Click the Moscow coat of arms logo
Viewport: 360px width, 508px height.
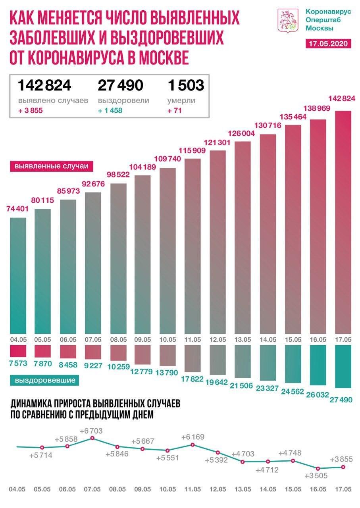tap(287, 21)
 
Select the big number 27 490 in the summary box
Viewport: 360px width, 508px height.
tap(120, 85)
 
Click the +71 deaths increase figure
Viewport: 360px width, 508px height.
tap(175, 110)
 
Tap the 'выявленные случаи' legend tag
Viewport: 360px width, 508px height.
tap(51, 166)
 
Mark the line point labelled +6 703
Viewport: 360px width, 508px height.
tap(92, 438)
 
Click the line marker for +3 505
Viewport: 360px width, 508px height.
tap(318, 468)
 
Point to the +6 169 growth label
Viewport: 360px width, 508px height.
tap(194, 437)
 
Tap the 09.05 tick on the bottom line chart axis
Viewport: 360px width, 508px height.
tap(142, 489)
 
